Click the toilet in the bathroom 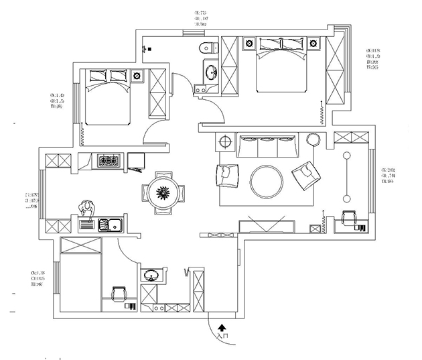pyautogui.click(x=208, y=48)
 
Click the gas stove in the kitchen pyautogui.click(x=108, y=162)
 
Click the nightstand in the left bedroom pyautogui.click(x=138, y=75)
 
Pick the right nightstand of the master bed pyautogui.click(x=314, y=44)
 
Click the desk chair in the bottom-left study pyautogui.click(x=119, y=294)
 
